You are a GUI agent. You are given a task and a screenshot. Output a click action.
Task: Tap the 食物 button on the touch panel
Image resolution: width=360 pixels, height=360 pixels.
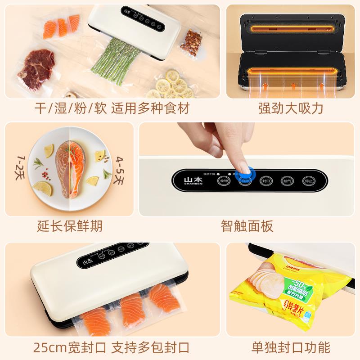[223, 180]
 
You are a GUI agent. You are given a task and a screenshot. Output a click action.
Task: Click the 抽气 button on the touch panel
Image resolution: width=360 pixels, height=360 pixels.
[287, 180]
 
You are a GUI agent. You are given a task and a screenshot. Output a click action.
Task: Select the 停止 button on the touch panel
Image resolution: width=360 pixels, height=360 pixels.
[308, 180]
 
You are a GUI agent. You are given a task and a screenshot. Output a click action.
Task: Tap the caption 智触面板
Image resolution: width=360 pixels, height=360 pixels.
[247, 225]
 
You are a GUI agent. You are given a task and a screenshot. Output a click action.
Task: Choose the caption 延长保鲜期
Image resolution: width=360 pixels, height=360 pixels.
[70, 225]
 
